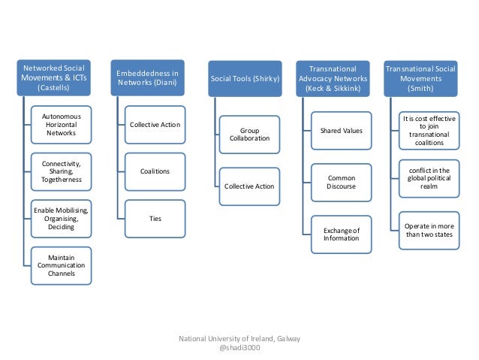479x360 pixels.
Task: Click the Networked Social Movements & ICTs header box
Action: click(x=52, y=78)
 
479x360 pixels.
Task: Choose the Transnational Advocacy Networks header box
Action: click(x=331, y=78)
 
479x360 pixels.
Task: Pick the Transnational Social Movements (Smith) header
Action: click(x=420, y=78)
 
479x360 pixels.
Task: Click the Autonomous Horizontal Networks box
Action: click(x=62, y=126)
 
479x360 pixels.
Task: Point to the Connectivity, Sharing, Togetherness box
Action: click(x=62, y=172)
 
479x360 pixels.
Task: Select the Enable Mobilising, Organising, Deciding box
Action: click(x=62, y=219)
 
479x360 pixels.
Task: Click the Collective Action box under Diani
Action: click(x=155, y=125)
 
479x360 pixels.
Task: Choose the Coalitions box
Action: click(x=155, y=171)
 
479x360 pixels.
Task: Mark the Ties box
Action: click(x=155, y=218)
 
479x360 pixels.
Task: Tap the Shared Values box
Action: click(x=342, y=131)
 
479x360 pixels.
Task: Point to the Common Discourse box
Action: click(x=342, y=183)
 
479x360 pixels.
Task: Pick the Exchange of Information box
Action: click(x=342, y=234)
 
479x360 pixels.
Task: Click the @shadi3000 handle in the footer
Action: click(x=239, y=349)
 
